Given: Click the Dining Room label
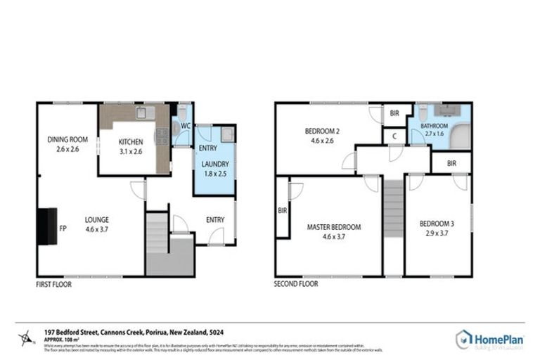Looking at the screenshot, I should click(67, 139).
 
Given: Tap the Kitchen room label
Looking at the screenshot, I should click(130, 142).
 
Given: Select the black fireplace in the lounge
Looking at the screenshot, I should click(47, 226).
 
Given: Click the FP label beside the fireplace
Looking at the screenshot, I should click(63, 229).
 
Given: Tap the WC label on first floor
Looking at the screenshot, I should click(186, 126).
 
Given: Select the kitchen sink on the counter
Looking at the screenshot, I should click(146, 112).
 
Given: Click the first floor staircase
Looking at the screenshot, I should click(157, 233).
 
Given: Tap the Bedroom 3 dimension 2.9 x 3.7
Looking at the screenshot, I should click(437, 233).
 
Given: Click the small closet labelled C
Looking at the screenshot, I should click(394, 136).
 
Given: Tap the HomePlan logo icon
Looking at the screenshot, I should click(464, 340).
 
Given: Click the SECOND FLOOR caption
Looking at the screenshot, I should click(296, 284).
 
